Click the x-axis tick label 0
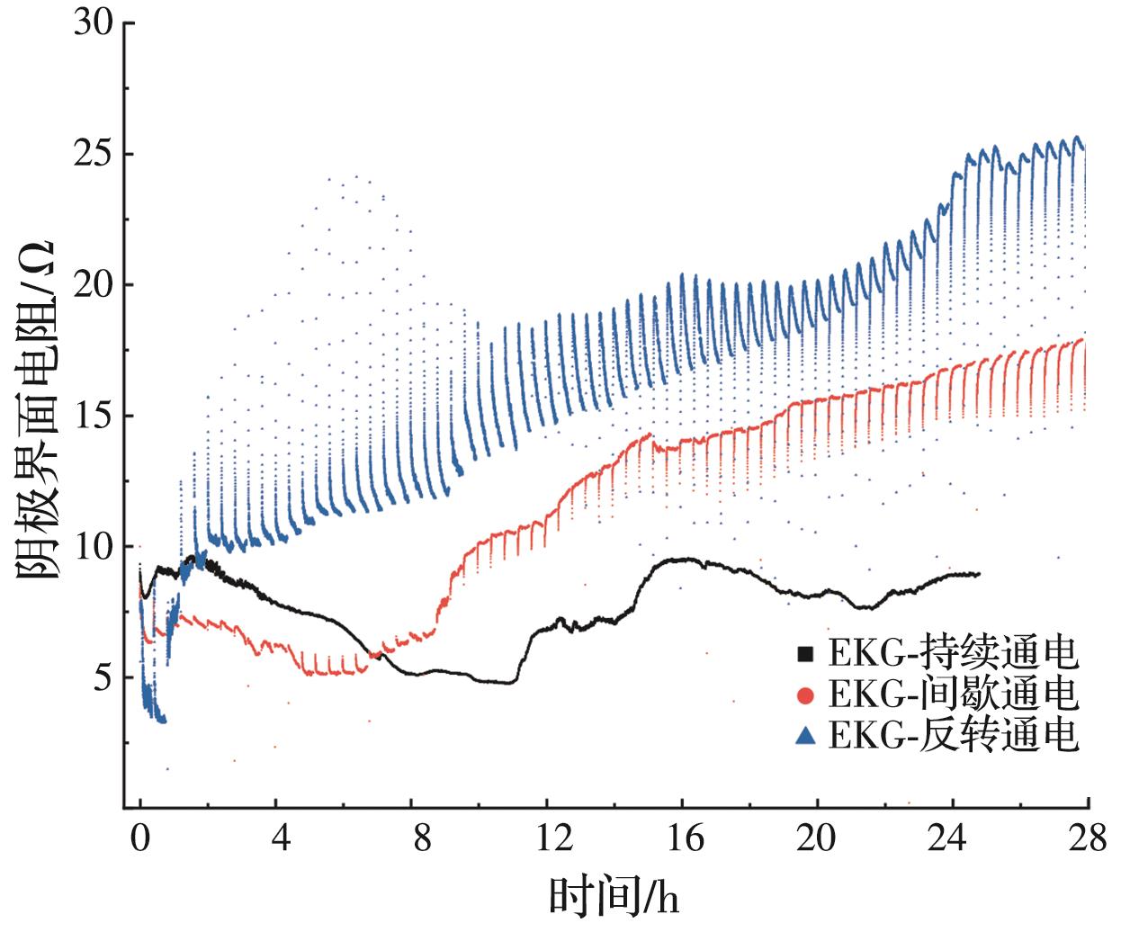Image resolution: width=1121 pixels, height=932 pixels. (x=140, y=840)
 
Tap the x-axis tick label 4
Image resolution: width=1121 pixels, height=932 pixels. (x=281, y=840)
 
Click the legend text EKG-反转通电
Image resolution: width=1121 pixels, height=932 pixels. (x=953, y=737)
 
